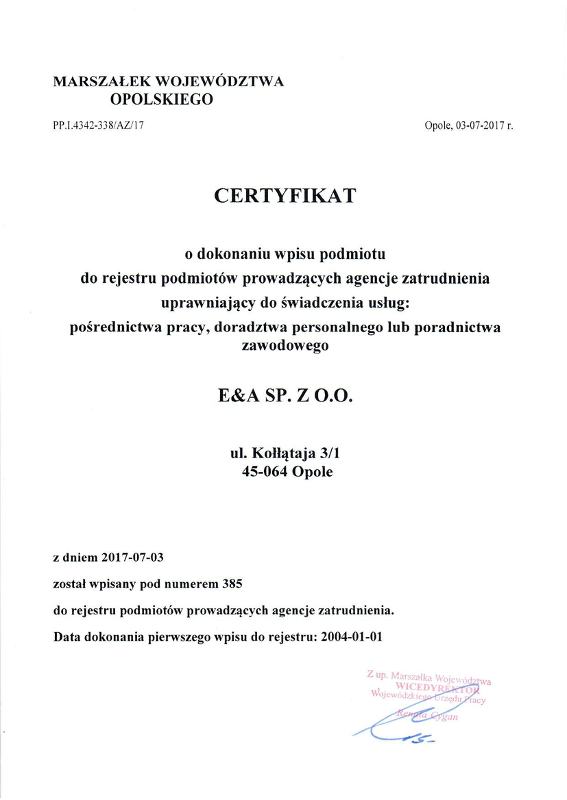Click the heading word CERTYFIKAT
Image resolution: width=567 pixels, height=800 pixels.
click(x=285, y=196)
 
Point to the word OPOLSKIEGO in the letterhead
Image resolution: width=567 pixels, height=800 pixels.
click(x=162, y=99)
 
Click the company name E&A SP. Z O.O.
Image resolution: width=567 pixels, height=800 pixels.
click(x=285, y=396)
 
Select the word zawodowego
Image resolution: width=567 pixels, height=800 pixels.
click(x=285, y=346)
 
